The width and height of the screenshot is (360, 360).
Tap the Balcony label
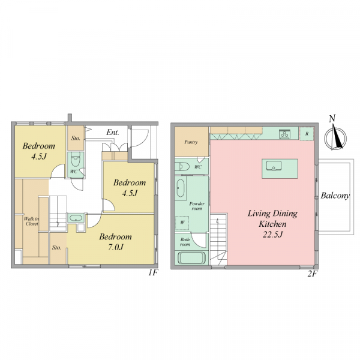click(x=335, y=196)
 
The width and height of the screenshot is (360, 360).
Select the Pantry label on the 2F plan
click(x=191, y=142)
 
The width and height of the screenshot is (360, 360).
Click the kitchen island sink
click(x=274, y=166)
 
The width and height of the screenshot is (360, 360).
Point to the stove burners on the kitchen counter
click(x=284, y=134)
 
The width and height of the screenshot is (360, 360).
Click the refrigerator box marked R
click(x=307, y=134)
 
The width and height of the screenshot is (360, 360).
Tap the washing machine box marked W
click(x=182, y=223)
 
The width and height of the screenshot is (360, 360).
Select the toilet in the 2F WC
click(x=182, y=166)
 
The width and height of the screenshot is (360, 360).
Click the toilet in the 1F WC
click(x=76, y=160)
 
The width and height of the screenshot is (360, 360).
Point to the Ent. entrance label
click(x=113, y=133)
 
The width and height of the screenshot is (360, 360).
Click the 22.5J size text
click(x=272, y=235)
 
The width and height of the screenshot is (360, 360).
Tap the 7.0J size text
click(x=115, y=247)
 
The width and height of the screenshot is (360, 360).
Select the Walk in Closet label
click(x=32, y=221)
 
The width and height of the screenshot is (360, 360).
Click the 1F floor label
click(x=153, y=273)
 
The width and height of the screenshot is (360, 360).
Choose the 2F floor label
click(x=312, y=274)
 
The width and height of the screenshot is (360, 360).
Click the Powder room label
click(x=197, y=206)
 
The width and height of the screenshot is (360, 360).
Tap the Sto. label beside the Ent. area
click(x=76, y=138)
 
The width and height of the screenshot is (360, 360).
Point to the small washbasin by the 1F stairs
click(x=76, y=218)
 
